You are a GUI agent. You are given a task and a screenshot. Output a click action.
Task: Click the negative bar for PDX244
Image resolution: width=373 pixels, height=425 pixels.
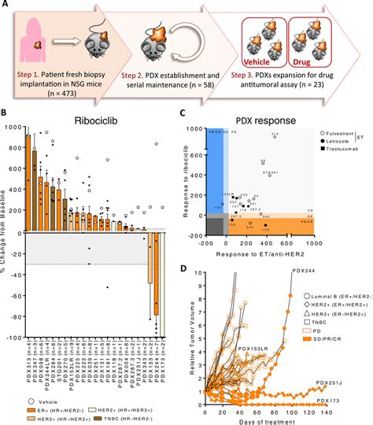(157, 268)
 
